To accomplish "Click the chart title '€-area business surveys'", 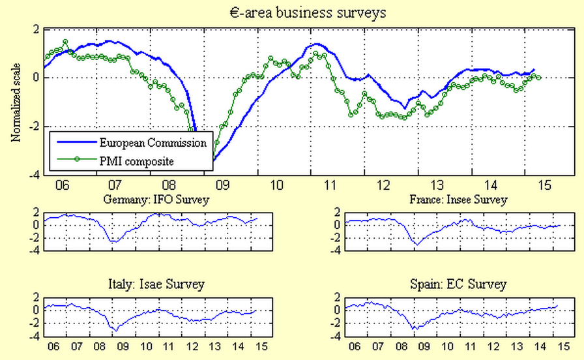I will (x=291, y=12).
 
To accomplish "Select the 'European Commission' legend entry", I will (x=153, y=142).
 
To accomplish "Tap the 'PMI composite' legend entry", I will (x=136, y=160).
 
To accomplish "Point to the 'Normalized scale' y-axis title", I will (x=16, y=102).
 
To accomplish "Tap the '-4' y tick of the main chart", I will (x=34, y=175).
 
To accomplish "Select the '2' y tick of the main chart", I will (x=36, y=29).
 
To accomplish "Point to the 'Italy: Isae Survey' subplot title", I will (x=155, y=284).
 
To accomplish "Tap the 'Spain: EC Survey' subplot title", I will (x=458, y=284).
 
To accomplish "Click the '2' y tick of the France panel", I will (x=338, y=213).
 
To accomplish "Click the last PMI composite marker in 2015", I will (x=538, y=78).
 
